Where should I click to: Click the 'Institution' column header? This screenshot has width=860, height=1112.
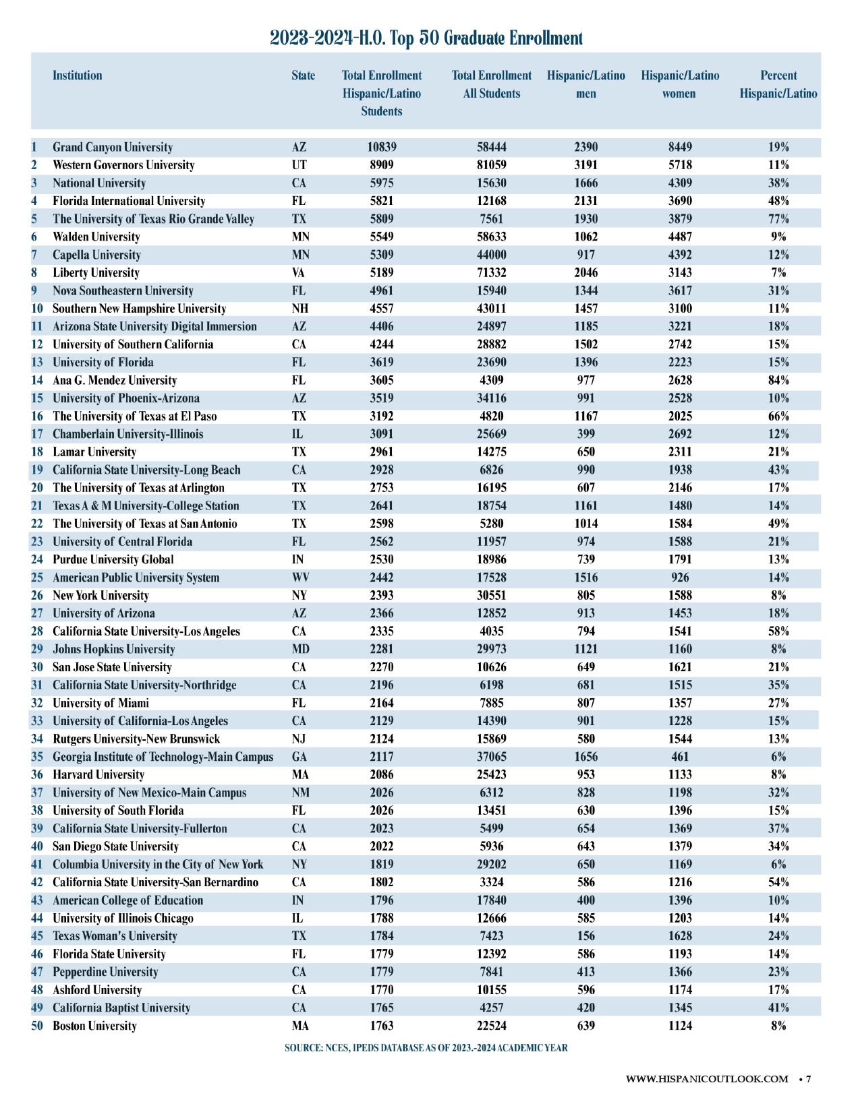78,75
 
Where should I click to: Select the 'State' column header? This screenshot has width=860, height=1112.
303,75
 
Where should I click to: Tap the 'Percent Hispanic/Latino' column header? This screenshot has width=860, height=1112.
778,85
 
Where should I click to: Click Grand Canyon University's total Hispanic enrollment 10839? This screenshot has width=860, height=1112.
382,148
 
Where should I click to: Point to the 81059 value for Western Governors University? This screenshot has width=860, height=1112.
491,165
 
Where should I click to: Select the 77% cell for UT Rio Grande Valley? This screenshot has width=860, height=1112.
778,219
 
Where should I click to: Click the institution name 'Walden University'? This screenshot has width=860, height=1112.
96,237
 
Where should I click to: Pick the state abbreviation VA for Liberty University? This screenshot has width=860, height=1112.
299,273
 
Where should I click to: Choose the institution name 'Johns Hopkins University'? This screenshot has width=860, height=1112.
113,650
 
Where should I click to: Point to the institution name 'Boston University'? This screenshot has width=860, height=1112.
94,1026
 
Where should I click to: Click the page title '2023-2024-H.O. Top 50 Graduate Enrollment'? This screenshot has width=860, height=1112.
426,38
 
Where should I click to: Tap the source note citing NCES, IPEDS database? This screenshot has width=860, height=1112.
426,1048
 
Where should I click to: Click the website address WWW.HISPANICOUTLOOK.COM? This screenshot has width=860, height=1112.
707,1079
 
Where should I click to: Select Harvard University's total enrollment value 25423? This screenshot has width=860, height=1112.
491,775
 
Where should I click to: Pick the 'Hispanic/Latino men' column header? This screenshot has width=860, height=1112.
586,85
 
